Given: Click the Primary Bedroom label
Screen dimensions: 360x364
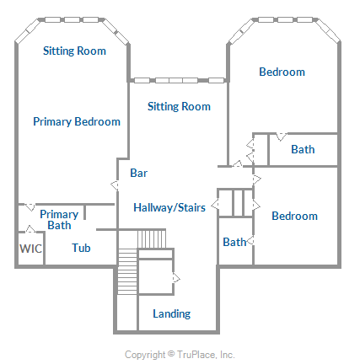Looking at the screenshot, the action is (77, 122).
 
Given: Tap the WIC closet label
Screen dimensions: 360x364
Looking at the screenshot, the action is (30, 249).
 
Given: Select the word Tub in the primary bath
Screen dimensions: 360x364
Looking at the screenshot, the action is (81, 248).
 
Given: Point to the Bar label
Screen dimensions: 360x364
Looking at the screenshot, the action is (138, 173).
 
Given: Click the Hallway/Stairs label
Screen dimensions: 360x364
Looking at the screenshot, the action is (169, 207).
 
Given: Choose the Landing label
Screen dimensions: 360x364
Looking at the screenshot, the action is (172, 313).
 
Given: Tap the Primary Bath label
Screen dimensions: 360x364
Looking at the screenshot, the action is (59, 220).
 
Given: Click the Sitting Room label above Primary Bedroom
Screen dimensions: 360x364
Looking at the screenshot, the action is (74, 51).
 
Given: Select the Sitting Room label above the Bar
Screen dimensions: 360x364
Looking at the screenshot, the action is (179, 106).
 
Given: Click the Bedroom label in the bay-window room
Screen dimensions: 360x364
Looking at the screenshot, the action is (282, 72).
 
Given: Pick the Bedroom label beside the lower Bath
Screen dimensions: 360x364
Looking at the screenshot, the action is (294, 216).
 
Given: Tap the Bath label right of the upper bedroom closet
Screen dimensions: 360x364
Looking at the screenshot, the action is (303, 149).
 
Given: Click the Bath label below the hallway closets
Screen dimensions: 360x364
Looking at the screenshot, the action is (234, 242).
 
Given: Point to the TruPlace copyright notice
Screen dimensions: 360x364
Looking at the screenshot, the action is (180, 355).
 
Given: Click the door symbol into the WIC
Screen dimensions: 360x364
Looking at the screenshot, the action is (30, 229).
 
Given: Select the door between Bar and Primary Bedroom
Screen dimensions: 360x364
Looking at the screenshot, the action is (115, 185).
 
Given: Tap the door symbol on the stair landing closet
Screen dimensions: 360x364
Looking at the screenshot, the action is (176, 278).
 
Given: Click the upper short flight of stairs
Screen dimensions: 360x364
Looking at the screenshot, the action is (152, 238).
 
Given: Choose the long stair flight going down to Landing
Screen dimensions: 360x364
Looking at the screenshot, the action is (127, 271).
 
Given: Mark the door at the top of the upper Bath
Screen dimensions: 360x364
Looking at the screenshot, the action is (282, 136).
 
